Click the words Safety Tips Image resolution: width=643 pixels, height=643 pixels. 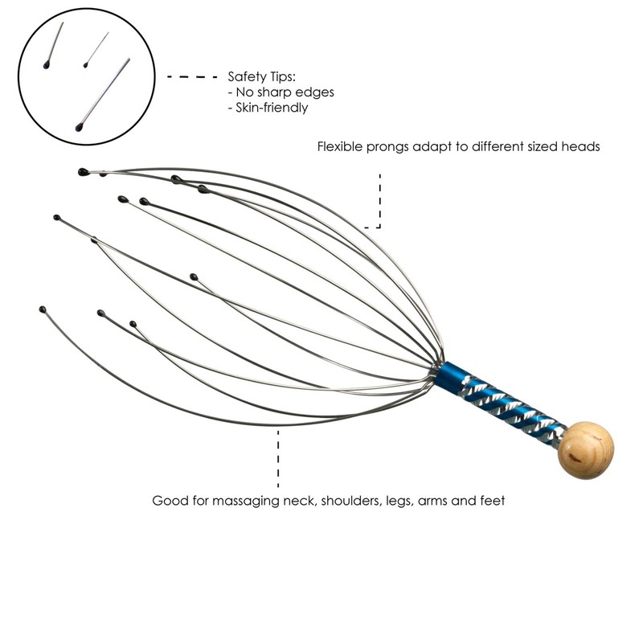262,77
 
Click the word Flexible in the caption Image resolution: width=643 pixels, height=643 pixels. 340,147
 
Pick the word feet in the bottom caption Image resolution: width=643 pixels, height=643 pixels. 491,501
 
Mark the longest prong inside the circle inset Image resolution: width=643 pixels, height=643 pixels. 104,92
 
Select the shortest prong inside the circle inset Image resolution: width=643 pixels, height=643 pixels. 96,50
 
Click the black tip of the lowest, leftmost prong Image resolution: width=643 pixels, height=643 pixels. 42,309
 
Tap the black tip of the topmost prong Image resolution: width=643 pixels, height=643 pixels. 83,172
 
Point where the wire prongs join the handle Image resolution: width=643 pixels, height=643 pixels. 439,367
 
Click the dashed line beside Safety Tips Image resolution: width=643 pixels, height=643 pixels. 192,77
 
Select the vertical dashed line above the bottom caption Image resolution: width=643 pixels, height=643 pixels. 278,458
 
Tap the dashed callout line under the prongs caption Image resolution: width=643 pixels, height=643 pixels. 379,201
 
